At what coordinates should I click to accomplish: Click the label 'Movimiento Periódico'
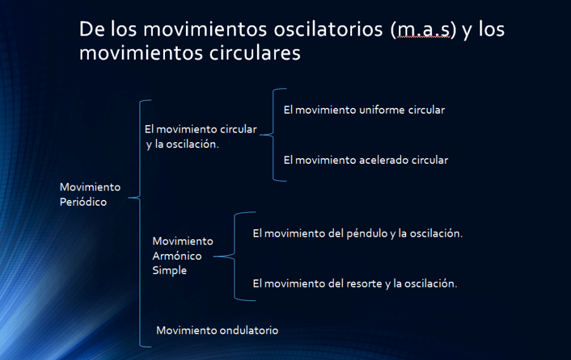click(90, 194)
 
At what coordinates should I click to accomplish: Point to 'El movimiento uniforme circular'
click(364, 110)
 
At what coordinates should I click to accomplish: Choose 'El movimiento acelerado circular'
click(365, 160)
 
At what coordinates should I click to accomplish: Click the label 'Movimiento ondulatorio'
click(217, 330)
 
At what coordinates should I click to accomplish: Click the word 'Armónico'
click(177, 256)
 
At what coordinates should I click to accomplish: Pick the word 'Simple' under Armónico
click(169, 270)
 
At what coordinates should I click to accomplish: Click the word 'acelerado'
click(383, 160)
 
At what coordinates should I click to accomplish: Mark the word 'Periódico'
click(83, 202)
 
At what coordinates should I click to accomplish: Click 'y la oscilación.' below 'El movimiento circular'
click(183, 143)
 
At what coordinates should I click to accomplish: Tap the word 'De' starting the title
click(91, 30)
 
